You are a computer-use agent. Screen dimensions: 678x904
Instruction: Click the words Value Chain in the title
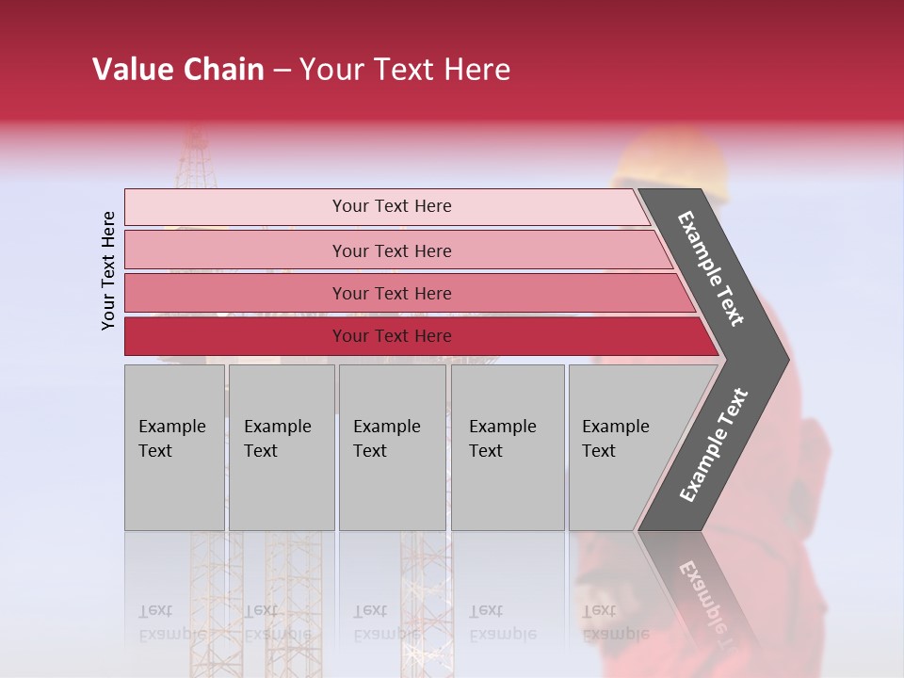[178, 70]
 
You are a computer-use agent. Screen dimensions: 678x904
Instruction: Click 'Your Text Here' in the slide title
[405, 70]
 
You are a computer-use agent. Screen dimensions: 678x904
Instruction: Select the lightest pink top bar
[235, 206]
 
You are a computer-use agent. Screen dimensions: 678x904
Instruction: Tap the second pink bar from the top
[235, 250]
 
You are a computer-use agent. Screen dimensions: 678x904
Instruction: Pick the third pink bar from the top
[235, 293]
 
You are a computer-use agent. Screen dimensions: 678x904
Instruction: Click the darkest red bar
[235, 336]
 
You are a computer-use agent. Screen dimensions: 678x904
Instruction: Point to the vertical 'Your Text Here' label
[108, 270]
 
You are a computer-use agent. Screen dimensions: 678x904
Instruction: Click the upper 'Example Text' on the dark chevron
[711, 268]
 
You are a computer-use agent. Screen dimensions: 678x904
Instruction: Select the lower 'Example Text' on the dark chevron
[714, 444]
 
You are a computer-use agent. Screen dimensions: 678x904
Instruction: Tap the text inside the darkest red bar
[392, 336]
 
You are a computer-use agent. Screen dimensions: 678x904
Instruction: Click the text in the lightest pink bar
[392, 206]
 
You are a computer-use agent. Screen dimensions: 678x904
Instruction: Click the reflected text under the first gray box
[172, 622]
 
